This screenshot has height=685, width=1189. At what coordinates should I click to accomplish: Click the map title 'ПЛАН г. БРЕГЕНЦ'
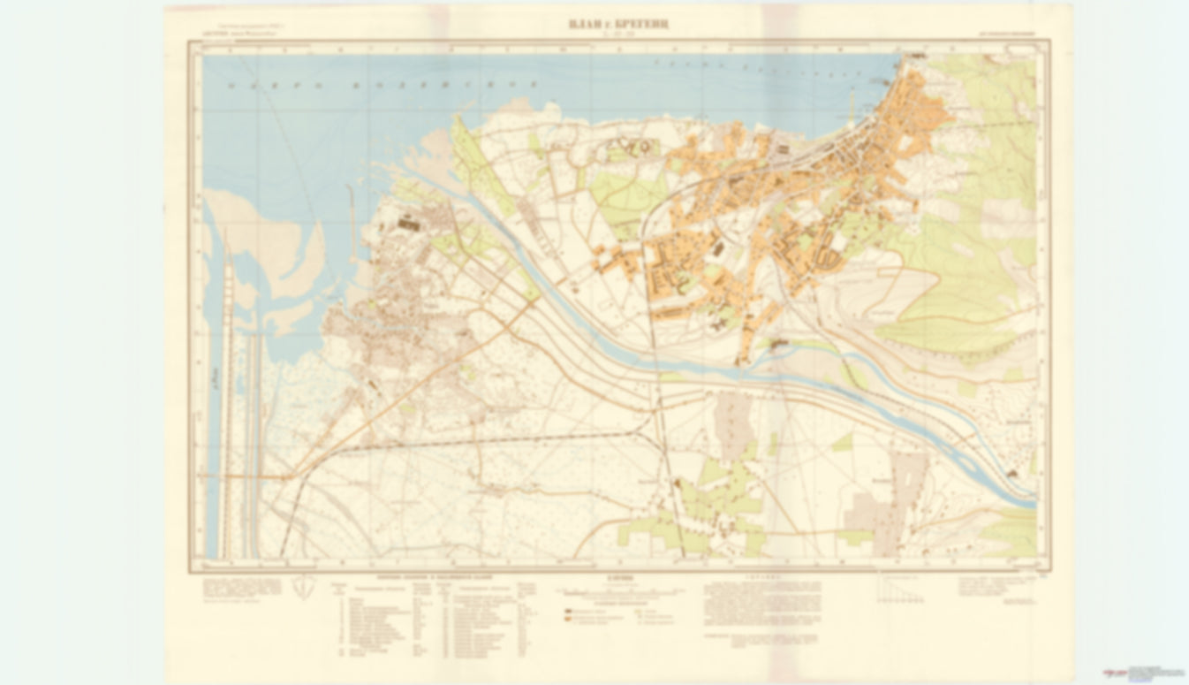618,22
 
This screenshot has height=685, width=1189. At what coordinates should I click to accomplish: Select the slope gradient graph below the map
900,589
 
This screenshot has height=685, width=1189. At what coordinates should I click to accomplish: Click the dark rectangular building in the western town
408,225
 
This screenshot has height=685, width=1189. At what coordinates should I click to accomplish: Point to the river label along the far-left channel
215,380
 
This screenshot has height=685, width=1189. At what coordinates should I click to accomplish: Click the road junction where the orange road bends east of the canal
286,476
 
